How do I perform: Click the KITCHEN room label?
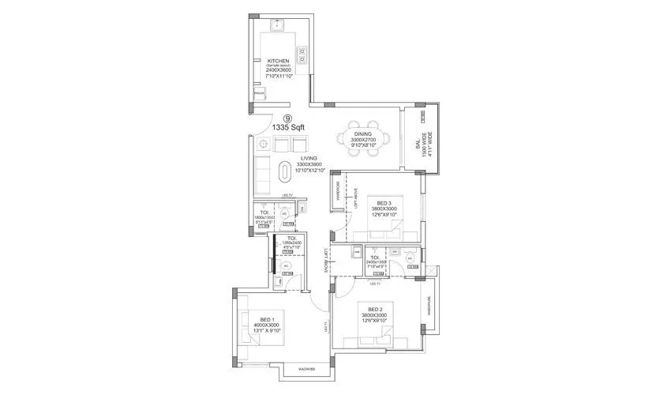[277, 61]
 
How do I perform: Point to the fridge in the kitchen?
[259, 93]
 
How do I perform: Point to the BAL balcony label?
[418, 146]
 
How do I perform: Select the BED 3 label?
[385, 203]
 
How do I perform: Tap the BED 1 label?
[267, 319]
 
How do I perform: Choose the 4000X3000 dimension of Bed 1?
[267, 325]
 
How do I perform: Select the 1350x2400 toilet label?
[291, 242]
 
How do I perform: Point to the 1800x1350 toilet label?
[263, 217]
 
